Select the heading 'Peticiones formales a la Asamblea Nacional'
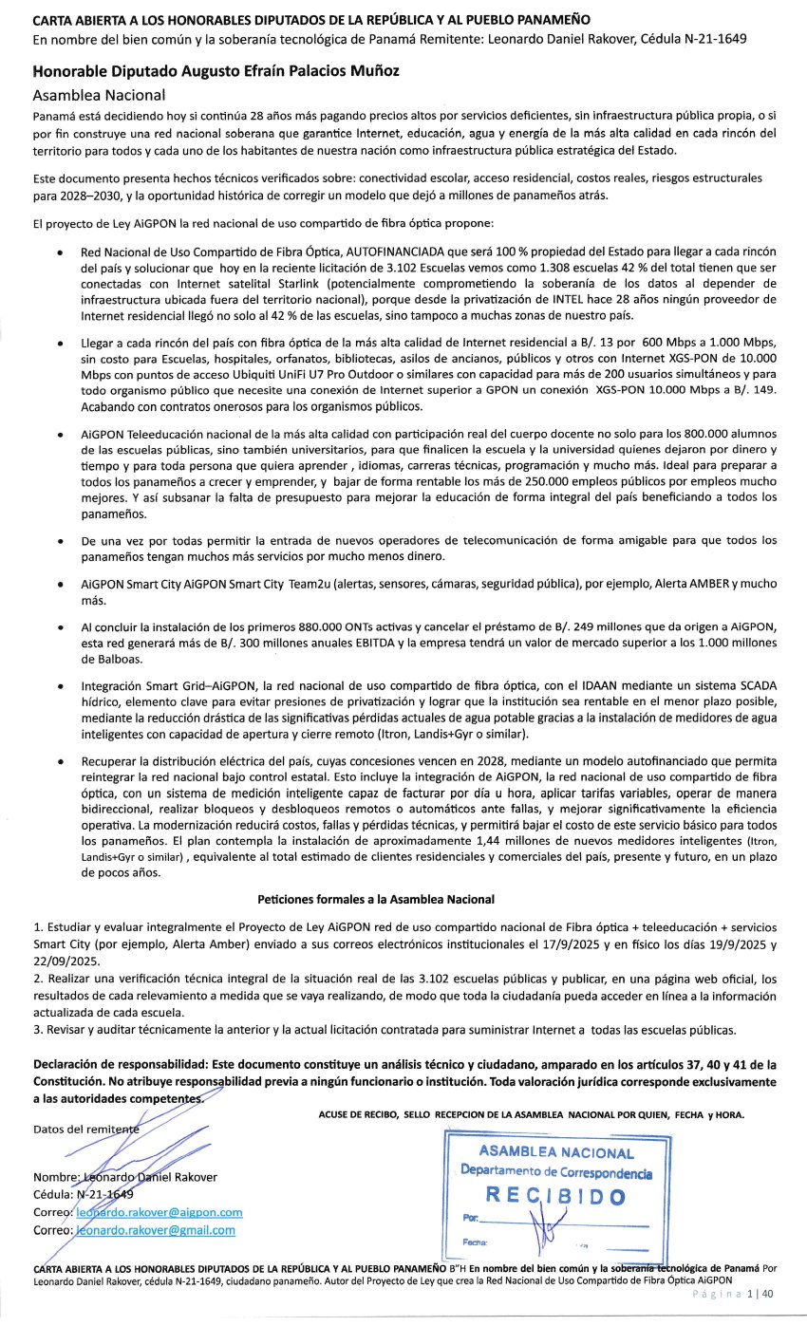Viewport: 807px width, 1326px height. click(x=375, y=898)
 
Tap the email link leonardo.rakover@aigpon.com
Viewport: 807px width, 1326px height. click(x=159, y=1212)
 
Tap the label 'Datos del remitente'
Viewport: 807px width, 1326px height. click(x=85, y=1130)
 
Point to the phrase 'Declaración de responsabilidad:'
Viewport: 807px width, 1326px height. click(x=120, y=1064)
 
